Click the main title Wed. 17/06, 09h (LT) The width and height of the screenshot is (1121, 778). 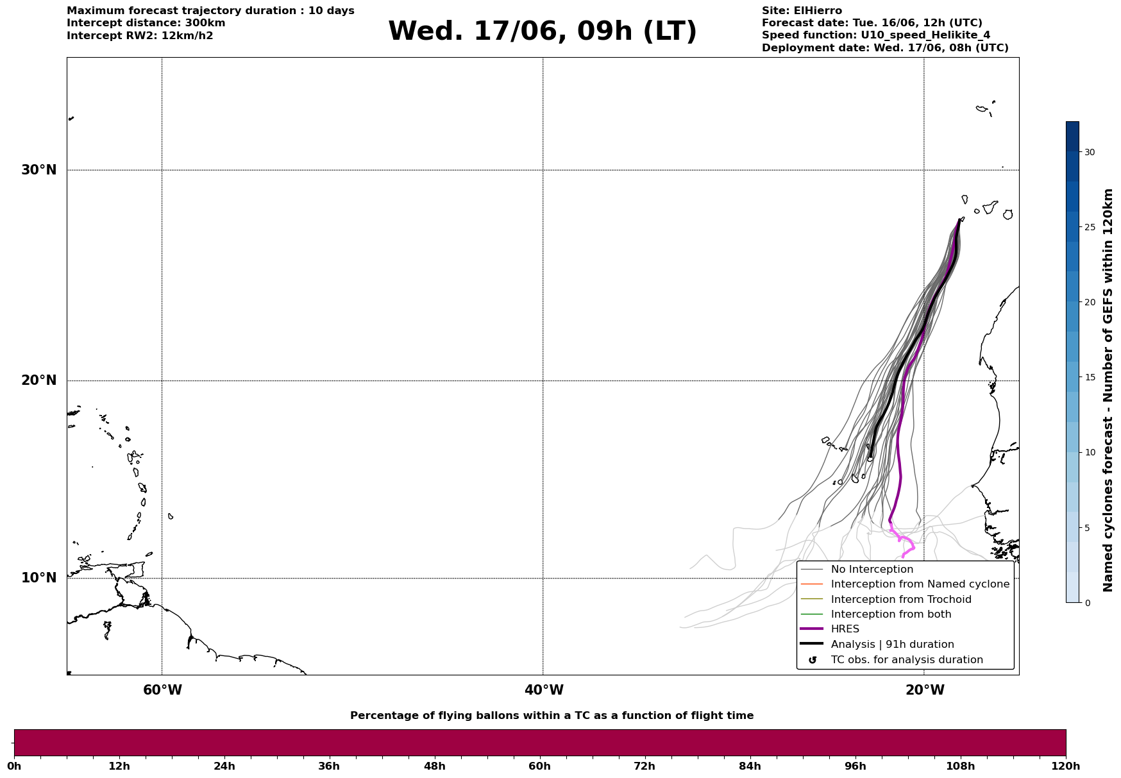[x=542, y=31]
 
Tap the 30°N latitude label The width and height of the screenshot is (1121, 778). [x=39, y=170]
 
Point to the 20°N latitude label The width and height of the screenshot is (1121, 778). [x=39, y=380]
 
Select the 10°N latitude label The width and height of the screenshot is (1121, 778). [x=39, y=578]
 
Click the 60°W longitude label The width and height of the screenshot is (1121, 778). [x=162, y=690]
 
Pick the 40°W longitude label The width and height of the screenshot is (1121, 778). [x=544, y=690]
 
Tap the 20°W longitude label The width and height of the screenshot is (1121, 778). [x=925, y=690]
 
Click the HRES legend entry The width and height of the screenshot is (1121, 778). [x=845, y=629]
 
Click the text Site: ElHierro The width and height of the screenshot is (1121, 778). [x=802, y=11]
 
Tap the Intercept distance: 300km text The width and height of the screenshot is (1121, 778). [x=146, y=23]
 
